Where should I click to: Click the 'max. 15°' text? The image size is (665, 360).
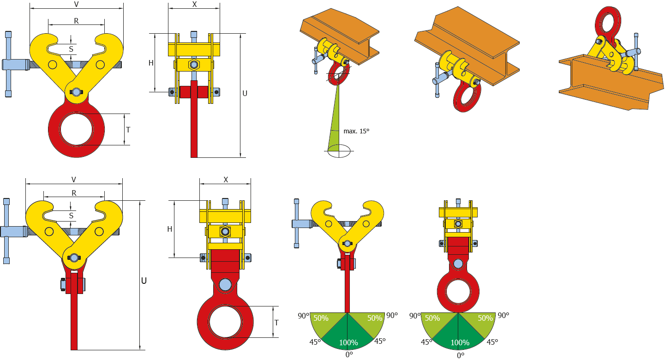[x=356, y=131]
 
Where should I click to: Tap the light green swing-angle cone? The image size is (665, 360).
[x=335, y=125]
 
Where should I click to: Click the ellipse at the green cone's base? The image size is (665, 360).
[x=339, y=151]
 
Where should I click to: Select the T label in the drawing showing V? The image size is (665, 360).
[x=128, y=130]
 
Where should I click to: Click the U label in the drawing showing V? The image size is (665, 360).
[x=144, y=281]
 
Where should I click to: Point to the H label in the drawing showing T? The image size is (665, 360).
[x=169, y=229]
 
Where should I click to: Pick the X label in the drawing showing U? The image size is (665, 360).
[x=194, y=4]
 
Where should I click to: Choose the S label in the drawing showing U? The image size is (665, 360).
[x=71, y=216]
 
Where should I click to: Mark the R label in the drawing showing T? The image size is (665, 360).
[x=76, y=21]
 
